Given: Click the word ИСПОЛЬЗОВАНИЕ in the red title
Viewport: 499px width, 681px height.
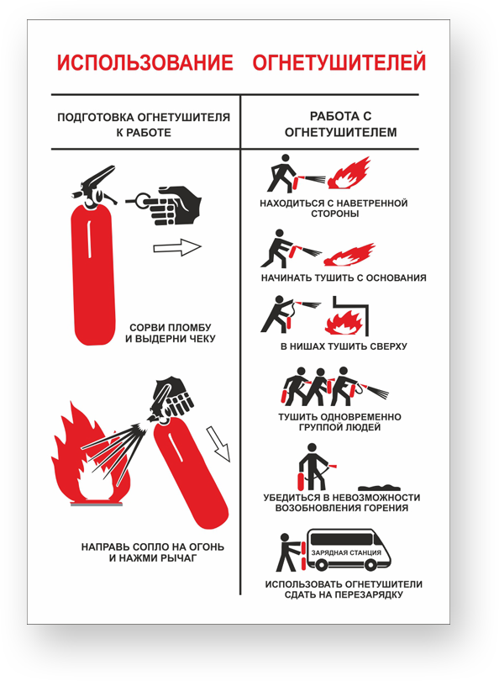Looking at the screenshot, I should click(x=144, y=63).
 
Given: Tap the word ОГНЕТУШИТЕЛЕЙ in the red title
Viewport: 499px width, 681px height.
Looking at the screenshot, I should click(x=339, y=63).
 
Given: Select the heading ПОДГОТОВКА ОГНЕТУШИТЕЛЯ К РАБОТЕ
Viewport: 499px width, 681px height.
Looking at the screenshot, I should click(x=143, y=125).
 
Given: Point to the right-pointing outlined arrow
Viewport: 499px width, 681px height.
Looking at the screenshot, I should click(x=177, y=247).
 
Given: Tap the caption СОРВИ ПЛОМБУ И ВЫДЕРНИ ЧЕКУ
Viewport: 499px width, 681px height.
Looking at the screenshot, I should click(x=171, y=333).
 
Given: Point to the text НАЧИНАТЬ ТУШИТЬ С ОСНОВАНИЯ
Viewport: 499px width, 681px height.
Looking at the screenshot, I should click(x=344, y=278).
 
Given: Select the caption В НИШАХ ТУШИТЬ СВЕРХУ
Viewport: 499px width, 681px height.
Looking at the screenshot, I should click(x=344, y=346).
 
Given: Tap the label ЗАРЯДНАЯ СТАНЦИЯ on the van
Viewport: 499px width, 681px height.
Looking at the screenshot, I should click(x=346, y=552).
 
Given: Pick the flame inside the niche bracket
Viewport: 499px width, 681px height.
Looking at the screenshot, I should click(x=344, y=322).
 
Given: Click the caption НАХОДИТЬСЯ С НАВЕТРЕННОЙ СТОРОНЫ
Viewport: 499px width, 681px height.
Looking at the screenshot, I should click(x=334, y=209).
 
